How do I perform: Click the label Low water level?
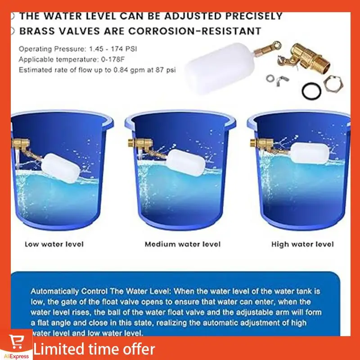[x=54, y=244]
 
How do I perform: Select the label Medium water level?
[x=182, y=244]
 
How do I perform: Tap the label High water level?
[x=302, y=244]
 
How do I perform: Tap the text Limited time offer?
[x=94, y=349]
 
